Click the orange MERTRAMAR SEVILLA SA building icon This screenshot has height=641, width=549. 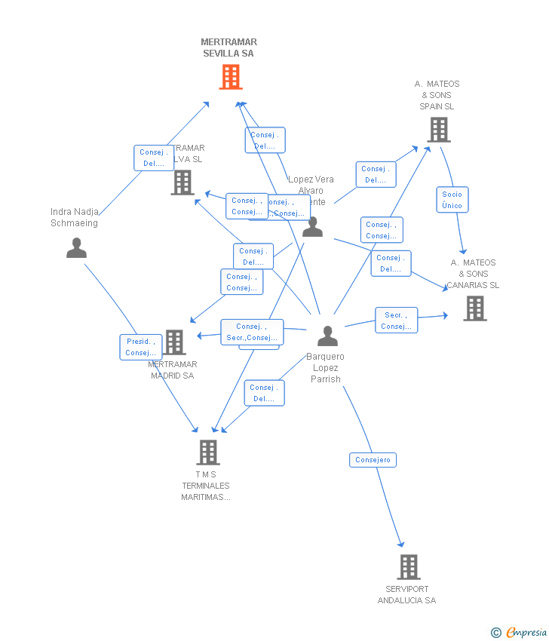pyautogui.click(x=231, y=77)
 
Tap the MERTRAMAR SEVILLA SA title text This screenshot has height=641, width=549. pyautogui.click(x=228, y=48)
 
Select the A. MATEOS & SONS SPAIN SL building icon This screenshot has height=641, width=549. pyautogui.click(x=438, y=130)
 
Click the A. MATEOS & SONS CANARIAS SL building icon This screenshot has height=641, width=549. pyautogui.click(x=474, y=308)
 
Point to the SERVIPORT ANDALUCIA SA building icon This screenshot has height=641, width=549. pyautogui.click(x=408, y=566)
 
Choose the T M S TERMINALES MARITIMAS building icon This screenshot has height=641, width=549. pyautogui.click(x=207, y=452)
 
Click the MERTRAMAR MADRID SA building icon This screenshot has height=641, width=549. pyautogui.click(x=175, y=342)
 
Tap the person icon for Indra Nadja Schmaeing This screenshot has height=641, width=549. pyautogui.click(x=76, y=247)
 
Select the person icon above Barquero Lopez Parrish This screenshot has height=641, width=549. pyautogui.click(x=327, y=336)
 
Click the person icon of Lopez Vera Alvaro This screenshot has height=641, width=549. pyautogui.click(x=312, y=226)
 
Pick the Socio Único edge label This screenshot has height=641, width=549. pyautogui.click(x=452, y=200)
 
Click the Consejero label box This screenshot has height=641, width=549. pyautogui.click(x=373, y=460)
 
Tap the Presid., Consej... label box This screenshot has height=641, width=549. pyautogui.click(x=141, y=347)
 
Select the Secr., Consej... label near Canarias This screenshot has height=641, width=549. pyautogui.click(x=396, y=320)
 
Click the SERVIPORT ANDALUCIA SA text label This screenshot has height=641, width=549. pyautogui.click(x=406, y=595)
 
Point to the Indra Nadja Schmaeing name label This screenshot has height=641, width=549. pyautogui.click(x=74, y=217)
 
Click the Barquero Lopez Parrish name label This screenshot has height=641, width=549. pyautogui.click(x=326, y=368)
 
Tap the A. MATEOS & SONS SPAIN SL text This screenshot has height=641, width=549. pyautogui.click(x=437, y=95)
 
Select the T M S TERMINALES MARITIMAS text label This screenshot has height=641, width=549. pyautogui.click(x=205, y=486)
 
